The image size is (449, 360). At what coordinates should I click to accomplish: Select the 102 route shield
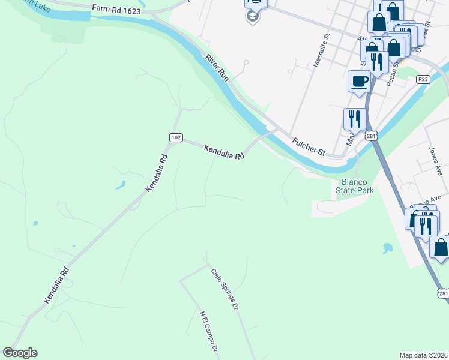[x=175, y=137]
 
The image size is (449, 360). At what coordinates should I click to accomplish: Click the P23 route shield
[x=424, y=79]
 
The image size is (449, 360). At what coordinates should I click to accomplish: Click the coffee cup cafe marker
[x=359, y=82]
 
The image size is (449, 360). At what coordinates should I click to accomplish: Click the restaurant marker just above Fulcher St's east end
[x=354, y=118]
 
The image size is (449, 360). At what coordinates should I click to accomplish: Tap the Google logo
[x=20, y=353]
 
